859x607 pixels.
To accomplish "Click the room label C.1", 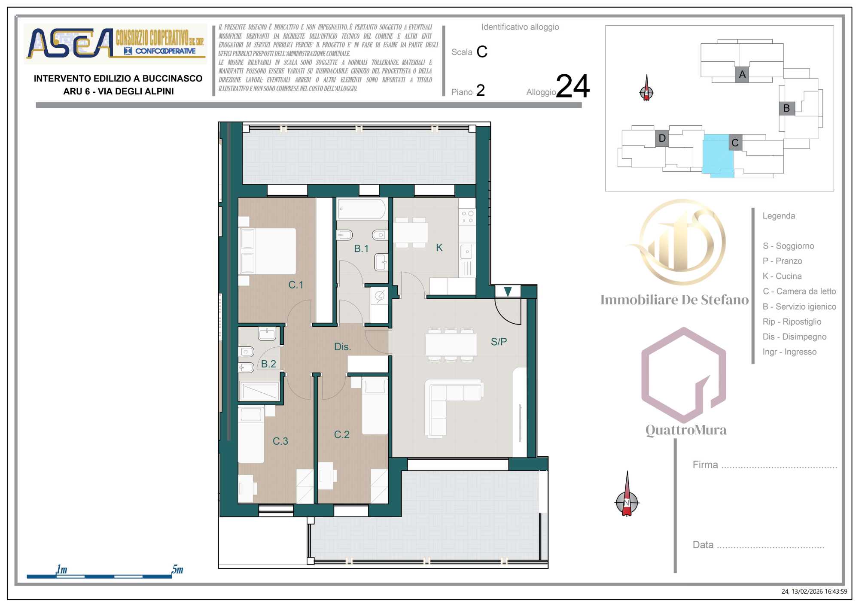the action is click(x=295, y=285).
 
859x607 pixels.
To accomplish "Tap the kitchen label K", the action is click(x=439, y=248).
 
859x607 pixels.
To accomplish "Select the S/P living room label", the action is click(x=499, y=342).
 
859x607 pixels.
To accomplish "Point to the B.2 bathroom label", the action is click(x=268, y=364).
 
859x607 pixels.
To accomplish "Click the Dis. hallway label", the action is click(x=343, y=347).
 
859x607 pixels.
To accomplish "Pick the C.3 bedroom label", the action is click(x=280, y=441).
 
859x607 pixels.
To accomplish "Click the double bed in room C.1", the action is click(x=268, y=252).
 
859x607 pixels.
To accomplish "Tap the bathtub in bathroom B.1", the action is click(x=362, y=209).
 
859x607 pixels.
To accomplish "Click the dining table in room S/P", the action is click(x=451, y=345).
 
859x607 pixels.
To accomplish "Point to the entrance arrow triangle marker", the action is click(x=508, y=292).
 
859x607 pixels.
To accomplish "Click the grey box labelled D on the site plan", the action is click(x=662, y=138).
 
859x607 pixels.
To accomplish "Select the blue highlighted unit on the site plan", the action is click(x=718, y=155).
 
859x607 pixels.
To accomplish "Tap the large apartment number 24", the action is click(x=573, y=86).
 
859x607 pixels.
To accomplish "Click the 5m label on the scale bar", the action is click(x=177, y=569).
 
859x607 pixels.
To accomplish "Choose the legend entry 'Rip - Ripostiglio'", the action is click(x=792, y=322).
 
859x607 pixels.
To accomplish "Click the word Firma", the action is click(x=705, y=464).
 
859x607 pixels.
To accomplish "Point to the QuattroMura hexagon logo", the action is click(x=683, y=375).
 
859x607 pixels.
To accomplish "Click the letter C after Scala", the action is click(x=482, y=52).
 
